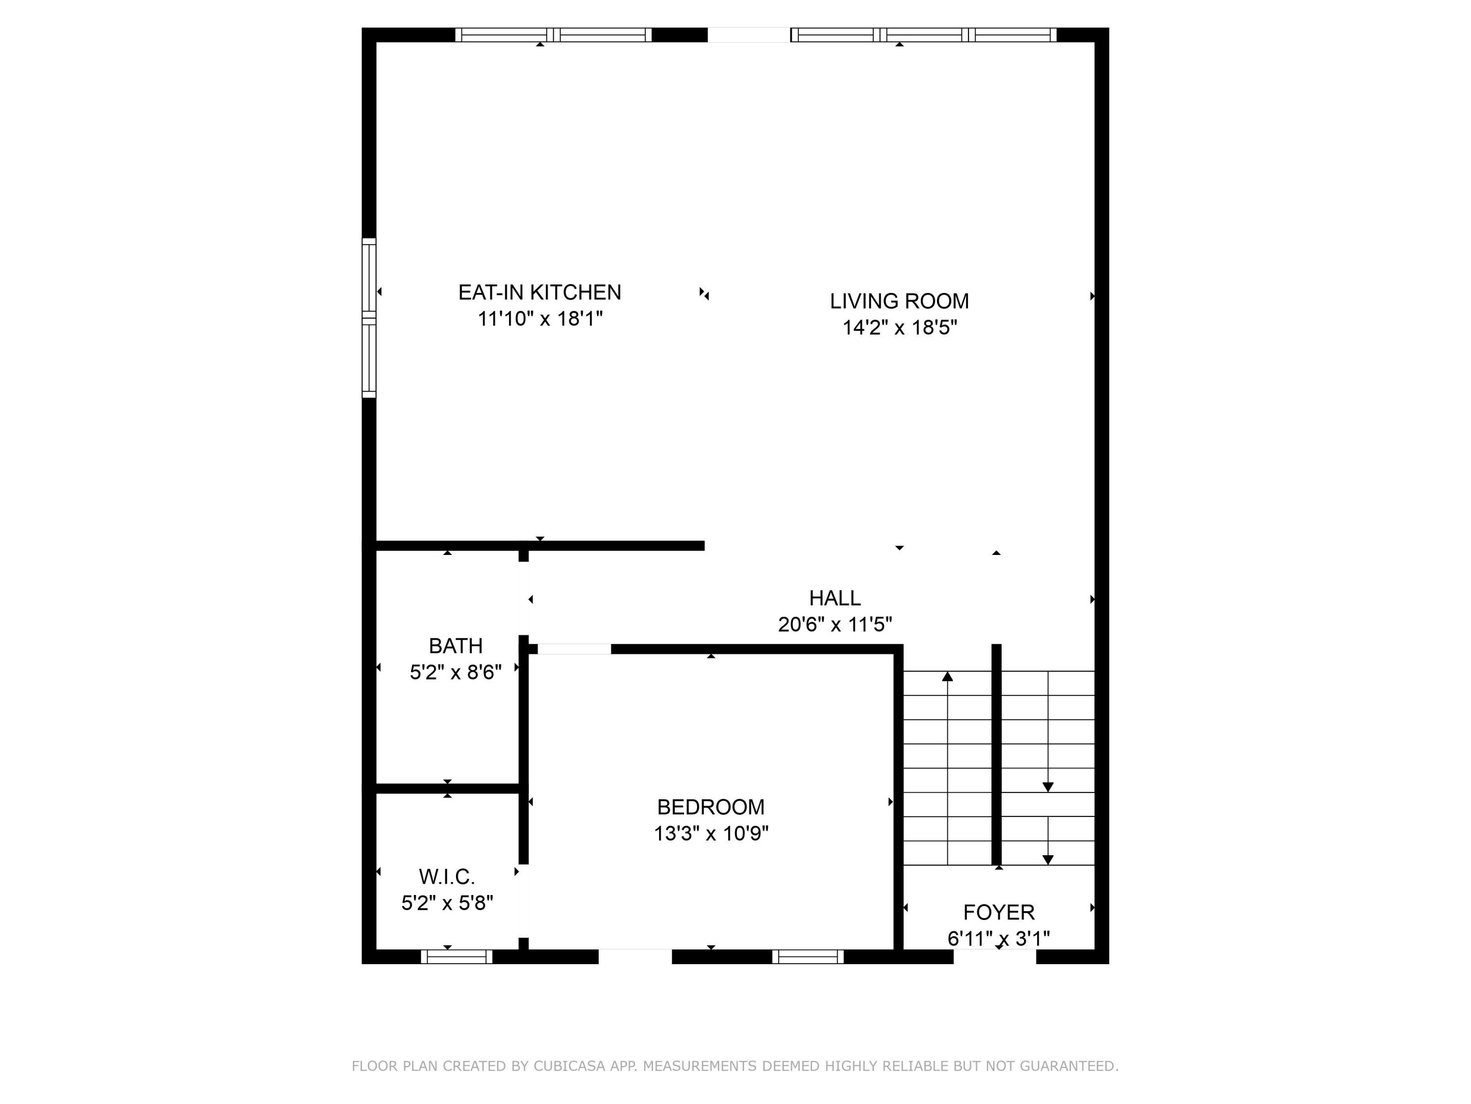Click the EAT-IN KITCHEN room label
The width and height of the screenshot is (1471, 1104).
(x=539, y=292)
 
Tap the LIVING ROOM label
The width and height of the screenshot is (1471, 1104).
(x=899, y=301)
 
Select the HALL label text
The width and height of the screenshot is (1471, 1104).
(x=835, y=598)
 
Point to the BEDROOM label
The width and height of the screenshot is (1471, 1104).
(x=710, y=807)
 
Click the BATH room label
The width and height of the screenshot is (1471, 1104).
(x=456, y=646)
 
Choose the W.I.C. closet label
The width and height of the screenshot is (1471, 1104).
(x=447, y=876)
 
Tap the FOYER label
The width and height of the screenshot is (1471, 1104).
(x=999, y=912)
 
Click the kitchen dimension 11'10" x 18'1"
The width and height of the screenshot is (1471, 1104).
(x=539, y=319)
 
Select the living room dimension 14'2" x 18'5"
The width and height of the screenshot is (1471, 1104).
(x=899, y=327)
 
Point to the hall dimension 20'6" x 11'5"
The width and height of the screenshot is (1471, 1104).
(x=835, y=624)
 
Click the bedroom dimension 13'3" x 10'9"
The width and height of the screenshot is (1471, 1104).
(x=710, y=833)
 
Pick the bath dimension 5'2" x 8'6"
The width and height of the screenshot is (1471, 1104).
(x=456, y=672)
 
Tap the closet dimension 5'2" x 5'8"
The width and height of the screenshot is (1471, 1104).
(x=447, y=903)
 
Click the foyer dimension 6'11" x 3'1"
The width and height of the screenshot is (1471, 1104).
(x=999, y=938)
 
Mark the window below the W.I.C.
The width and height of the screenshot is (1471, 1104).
(x=456, y=957)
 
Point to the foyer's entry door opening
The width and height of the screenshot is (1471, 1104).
(x=995, y=957)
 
